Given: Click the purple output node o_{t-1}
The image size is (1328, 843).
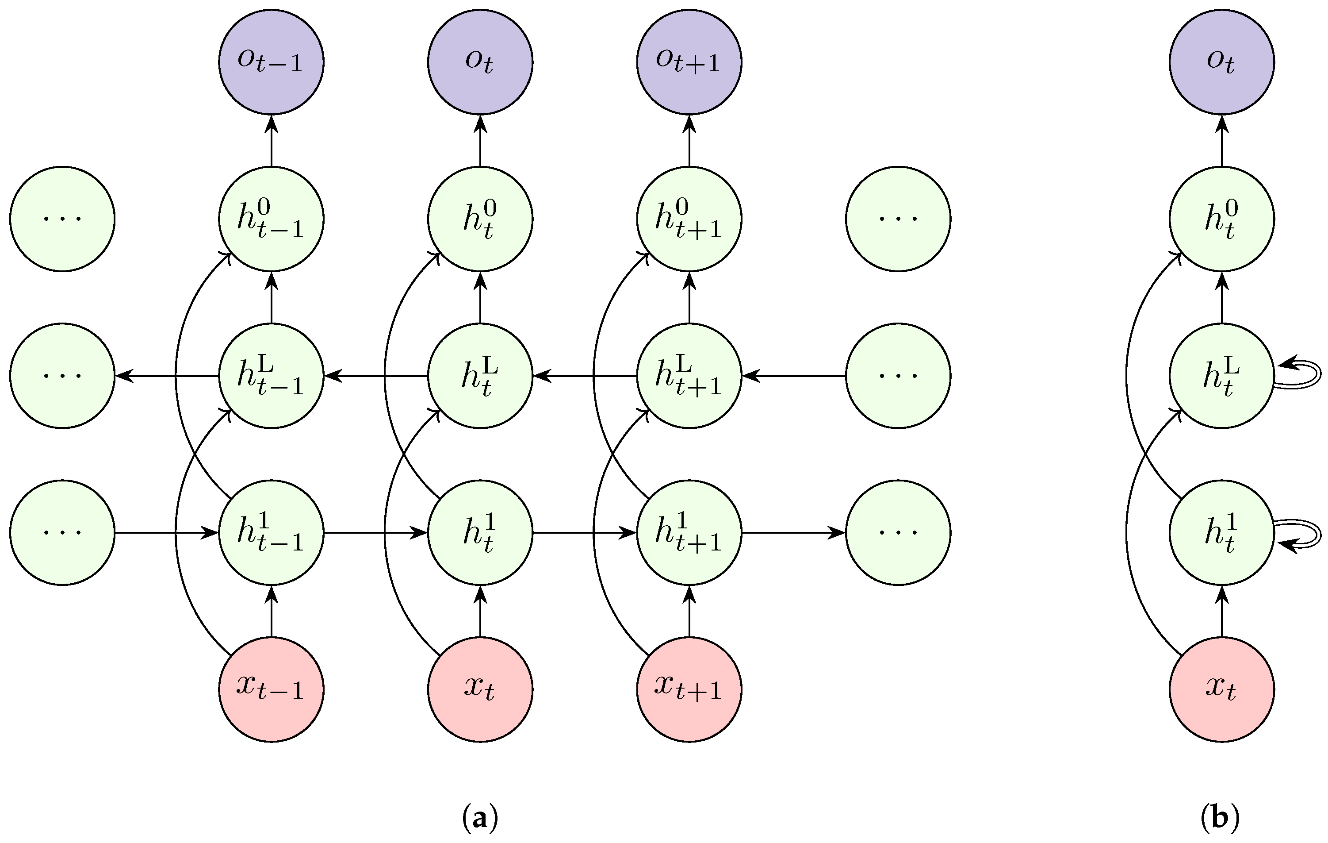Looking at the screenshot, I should (271, 62).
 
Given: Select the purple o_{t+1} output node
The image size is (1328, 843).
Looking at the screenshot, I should (689, 62).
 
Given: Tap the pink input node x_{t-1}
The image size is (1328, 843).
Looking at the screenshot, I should (271, 689).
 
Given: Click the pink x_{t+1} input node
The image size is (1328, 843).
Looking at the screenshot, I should (689, 689).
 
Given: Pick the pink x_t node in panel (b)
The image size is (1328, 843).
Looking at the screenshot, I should (1221, 689).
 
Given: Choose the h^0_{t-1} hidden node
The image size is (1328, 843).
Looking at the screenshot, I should (271, 219).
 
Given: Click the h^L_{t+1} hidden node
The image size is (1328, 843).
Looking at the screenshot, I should (689, 376).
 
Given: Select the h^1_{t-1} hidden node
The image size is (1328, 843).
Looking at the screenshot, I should (271, 532).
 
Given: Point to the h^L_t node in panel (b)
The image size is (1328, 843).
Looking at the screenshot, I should (1221, 376).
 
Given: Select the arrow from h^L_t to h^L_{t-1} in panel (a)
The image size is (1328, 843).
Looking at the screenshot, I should (375, 376).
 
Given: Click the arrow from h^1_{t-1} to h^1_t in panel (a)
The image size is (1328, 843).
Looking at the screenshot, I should (375, 532).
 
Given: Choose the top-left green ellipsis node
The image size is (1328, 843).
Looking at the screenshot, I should (62, 219).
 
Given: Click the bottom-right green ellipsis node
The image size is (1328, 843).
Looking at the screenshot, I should (898, 532).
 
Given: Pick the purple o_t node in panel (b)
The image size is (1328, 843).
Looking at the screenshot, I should (1221, 62).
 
